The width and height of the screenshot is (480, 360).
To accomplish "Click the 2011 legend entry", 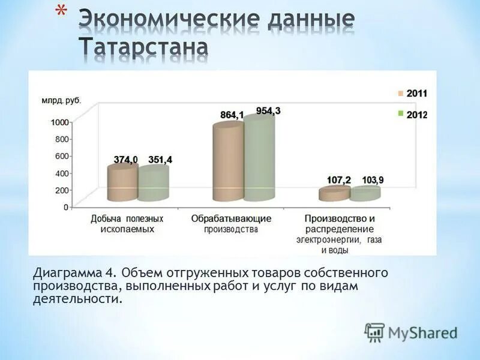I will point(412,94).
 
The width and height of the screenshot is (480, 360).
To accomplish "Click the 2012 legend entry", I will point(412,114).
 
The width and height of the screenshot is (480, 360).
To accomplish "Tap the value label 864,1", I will point(232,115).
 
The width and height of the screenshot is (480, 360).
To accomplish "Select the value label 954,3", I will point(268,110).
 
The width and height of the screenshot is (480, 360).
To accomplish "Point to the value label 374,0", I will point(126,159).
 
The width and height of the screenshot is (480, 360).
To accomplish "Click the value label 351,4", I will point(160,159).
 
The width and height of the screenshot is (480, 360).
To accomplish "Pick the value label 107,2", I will point(339,180).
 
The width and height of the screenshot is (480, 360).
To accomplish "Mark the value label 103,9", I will point(373,180).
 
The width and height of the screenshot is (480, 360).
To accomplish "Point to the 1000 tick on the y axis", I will point(60,122).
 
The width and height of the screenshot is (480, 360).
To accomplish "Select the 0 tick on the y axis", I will point(66,206).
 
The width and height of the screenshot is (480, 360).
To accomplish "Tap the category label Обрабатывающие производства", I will point(231,224).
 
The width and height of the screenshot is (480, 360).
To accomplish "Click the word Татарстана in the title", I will point(144,47).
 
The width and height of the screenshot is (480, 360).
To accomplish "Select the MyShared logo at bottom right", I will point(411,332).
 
